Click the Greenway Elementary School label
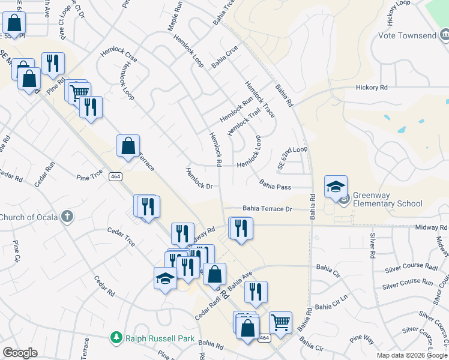tap(387, 199)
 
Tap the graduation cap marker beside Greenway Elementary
tap(336, 186)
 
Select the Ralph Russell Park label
tap(160, 338)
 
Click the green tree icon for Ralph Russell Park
tap(116, 338)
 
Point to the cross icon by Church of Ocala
tap(67, 217)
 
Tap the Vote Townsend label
tap(407, 35)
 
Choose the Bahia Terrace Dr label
tap(267, 209)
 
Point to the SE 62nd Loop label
tap(292, 157)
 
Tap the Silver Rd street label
tap(373, 242)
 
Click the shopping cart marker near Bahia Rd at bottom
tap(280, 322)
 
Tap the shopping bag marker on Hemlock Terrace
tap(128, 146)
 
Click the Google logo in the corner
tap(20, 353)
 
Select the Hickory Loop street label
tap(400, 13)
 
